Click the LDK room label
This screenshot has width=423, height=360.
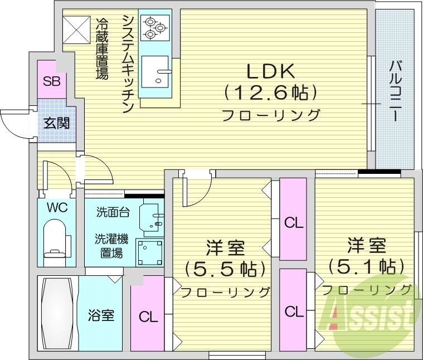271,71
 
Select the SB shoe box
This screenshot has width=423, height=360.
52,82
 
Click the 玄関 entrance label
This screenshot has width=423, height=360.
57,123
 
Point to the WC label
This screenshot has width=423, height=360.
57,208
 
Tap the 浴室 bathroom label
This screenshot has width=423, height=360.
101,315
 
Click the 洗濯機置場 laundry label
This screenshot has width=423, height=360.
111,246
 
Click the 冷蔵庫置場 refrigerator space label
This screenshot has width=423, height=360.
103,48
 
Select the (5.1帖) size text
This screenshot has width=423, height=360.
365,266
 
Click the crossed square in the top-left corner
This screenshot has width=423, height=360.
76,29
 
